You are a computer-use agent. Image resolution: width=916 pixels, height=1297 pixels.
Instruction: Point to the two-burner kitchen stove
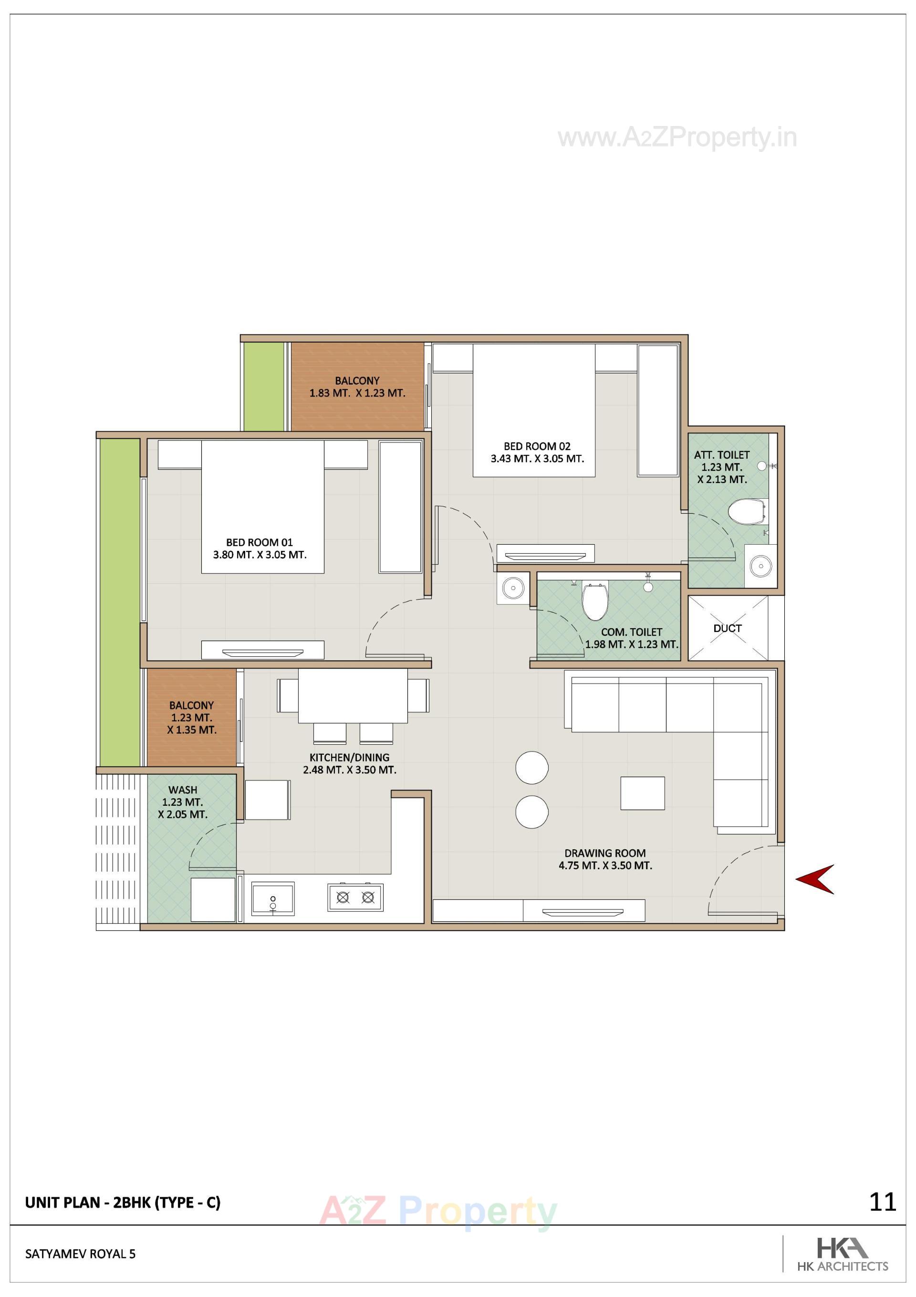[355, 897]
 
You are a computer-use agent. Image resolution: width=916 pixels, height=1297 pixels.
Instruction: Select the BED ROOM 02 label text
[537, 446]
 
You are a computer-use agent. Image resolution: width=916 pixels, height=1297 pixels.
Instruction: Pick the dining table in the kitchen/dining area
[353, 696]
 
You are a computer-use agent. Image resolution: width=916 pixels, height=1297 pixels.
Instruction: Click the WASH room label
[182, 790]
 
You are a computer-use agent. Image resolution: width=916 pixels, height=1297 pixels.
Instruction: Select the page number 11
[882, 1202]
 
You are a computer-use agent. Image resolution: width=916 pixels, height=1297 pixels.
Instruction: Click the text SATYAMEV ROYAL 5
[80, 1254]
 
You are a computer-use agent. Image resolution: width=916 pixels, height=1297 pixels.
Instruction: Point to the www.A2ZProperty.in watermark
[677, 137]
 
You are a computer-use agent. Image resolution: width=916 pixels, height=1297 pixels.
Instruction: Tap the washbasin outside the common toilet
[513, 588]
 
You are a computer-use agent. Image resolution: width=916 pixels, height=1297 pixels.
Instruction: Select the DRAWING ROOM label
[605, 853]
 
